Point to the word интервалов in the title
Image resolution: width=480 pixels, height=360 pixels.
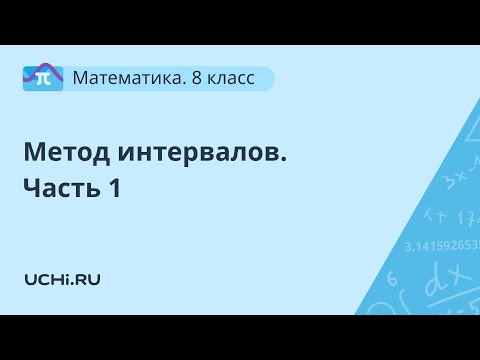[194, 153]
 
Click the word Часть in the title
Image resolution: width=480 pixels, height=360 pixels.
[59, 188]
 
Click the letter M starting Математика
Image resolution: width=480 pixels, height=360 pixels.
[83, 77]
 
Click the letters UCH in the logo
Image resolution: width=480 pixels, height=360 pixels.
[46, 279]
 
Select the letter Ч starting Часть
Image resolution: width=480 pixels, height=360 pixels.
[32, 188]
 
